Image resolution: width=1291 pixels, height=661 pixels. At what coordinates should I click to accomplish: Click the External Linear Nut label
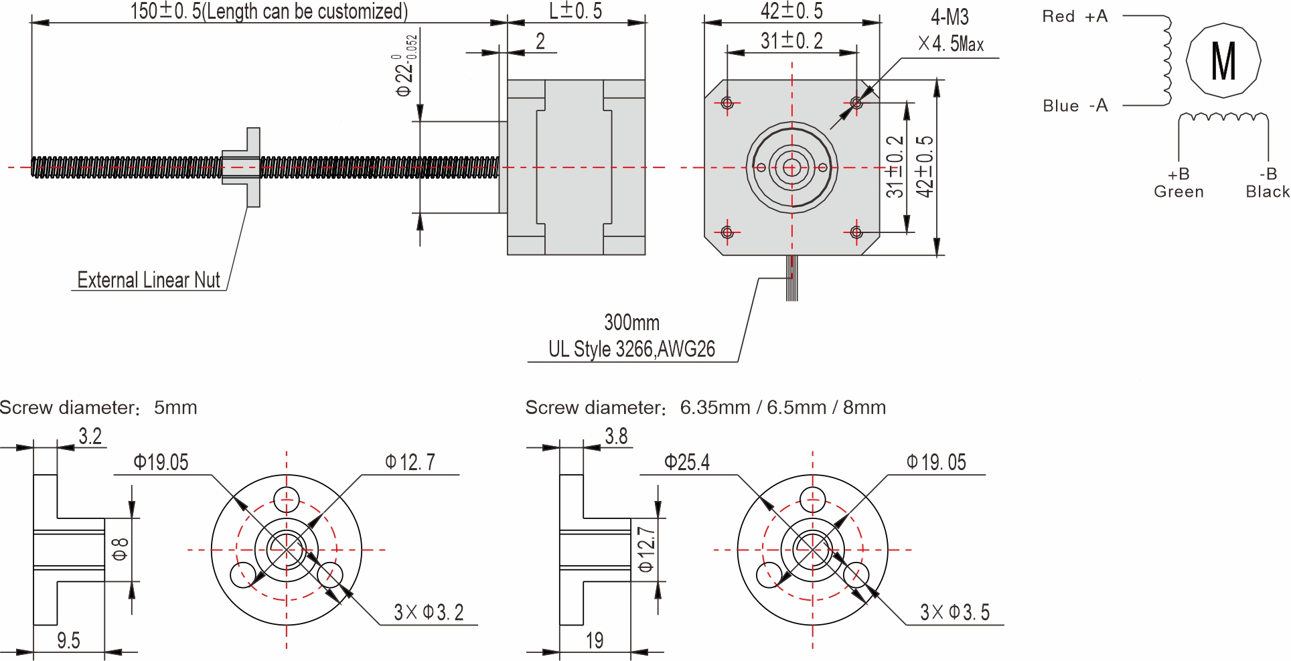click(149, 280)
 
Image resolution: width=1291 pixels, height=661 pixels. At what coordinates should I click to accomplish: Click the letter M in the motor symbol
click(1223, 61)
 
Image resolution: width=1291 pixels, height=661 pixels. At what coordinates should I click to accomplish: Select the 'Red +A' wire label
click(1075, 17)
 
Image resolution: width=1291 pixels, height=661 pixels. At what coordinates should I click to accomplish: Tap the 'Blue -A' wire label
click(1075, 106)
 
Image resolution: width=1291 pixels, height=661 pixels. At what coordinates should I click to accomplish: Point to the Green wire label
click(1179, 192)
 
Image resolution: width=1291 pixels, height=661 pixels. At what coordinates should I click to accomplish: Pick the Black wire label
click(1267, 192)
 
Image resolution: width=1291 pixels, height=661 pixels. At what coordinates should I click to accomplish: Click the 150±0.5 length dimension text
click(268, 11)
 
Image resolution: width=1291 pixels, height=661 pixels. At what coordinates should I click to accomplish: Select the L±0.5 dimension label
click(575, 11)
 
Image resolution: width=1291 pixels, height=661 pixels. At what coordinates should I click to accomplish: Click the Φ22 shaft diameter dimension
click(406, 67)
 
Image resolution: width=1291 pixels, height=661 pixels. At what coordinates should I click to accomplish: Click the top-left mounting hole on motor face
click(728, 103)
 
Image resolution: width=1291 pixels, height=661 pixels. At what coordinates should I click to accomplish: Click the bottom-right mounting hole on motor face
click(856, 232)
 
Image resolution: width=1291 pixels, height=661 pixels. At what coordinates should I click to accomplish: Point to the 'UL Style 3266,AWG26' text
click(631, 349)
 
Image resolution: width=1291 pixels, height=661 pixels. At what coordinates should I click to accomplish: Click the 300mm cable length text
click(631, 322)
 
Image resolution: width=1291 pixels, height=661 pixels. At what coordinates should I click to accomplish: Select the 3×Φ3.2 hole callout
click(429, 612)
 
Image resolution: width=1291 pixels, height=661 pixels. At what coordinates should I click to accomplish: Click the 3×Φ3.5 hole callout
click(954, 612)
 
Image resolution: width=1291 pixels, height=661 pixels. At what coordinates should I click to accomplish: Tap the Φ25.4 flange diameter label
click(686, 462)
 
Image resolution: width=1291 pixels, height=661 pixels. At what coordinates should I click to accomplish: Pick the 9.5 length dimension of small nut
click(68, 641)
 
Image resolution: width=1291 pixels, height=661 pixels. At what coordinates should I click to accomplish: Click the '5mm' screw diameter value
click(175, 407)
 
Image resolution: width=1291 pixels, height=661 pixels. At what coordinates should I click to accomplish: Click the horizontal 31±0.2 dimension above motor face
click(791, 41)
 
